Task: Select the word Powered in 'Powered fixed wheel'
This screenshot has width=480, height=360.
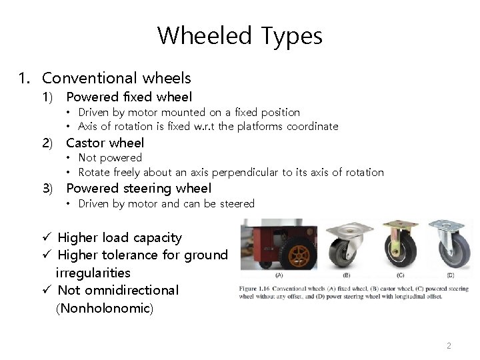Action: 91,97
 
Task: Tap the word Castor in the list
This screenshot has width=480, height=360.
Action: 85,143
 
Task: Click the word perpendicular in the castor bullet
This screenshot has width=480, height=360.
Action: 247,172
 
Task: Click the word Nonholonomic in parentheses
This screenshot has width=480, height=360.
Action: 105,309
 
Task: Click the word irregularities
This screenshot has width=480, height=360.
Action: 93,273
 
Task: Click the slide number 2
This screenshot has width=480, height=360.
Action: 449,346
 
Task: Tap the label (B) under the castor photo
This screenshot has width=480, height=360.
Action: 346,274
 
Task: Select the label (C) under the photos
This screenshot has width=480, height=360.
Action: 401,274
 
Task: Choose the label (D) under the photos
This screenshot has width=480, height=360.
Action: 451,274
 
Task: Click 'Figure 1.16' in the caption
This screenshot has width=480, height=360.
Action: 255,288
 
